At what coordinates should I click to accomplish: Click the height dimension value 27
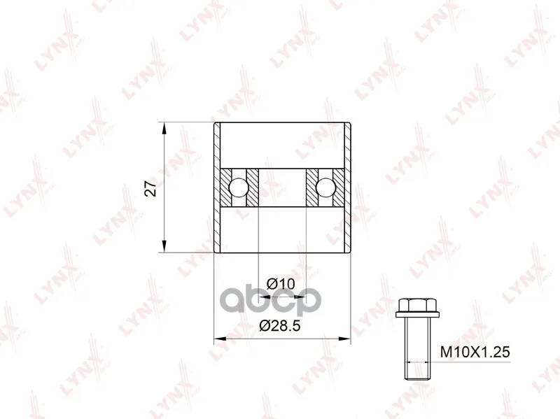151,188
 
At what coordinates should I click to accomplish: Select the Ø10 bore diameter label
281,284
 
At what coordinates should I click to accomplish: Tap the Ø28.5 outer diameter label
280,325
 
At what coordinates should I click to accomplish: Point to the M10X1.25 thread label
475,352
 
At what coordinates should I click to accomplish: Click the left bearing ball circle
238,187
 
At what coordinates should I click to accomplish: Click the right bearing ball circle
325,187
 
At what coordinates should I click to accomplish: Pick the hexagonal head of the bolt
417,306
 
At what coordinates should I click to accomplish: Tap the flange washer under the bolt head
417,315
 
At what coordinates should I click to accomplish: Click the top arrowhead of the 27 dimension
164,129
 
